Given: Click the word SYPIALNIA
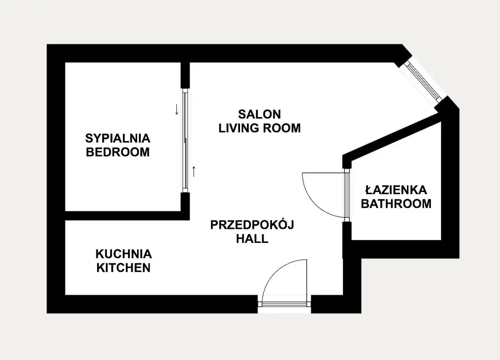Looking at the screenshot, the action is click(x=118, y=138).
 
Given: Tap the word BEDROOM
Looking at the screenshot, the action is click(x=117, y=152).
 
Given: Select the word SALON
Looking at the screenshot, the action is click(x=259, y=114).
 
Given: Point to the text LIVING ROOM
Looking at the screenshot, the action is click(x=259, y=128).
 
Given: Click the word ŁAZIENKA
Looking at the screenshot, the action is click(x=396, y=190).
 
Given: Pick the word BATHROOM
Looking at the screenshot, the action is click(x=396, y=204).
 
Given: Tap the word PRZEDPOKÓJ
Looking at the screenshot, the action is click(x=252, y=225).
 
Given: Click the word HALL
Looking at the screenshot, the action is click(x=252, y=239).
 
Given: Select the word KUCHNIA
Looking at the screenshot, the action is click(x=124, y=254).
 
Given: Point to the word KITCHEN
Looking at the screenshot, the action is click(x=123, y=268).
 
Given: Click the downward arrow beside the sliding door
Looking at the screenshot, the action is click(x=177, y=109).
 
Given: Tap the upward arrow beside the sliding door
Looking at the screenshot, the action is click(x=194, y=171).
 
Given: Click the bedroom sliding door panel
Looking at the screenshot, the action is click(x=185, y=140).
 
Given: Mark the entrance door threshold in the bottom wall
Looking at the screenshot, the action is click(x=284, y=304).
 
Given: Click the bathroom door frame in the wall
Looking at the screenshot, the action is click(x=347, y=195).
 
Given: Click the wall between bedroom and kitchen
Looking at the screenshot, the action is click(x=127, y=215).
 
